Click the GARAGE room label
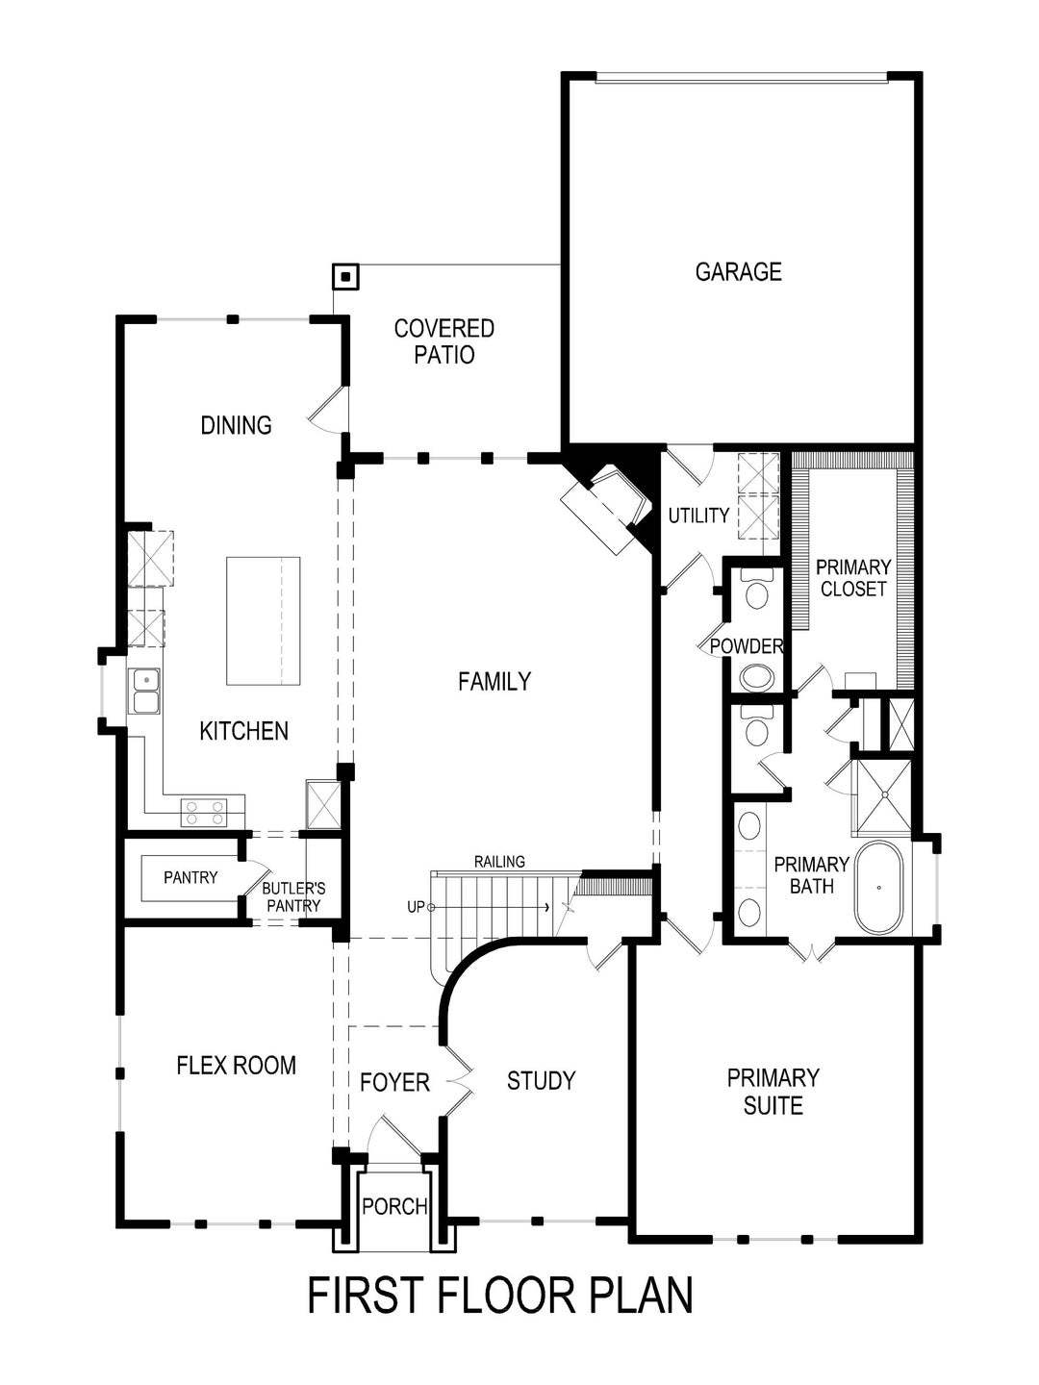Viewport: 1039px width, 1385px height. click(x=738, y=272)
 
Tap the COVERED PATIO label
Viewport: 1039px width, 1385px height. click(x=444, y=341)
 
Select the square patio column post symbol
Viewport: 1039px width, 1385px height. click(x=344, y=278)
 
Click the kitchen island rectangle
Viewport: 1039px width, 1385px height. click(x=263, y=619)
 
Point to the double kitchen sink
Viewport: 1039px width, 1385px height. click(x=145, y=692)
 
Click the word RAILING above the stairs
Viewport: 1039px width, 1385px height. click(x=499, y=862)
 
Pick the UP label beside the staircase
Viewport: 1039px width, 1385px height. click(x=417, y=907)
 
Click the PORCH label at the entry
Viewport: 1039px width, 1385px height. click(x=394, y=1206)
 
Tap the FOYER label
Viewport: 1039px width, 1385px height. click(x=394, y=1083)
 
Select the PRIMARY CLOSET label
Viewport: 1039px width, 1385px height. click(x=852, y=578)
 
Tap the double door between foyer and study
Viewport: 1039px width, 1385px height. click(x=458, y=1081)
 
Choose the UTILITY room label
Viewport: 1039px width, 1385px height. click(x=698, y=516)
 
